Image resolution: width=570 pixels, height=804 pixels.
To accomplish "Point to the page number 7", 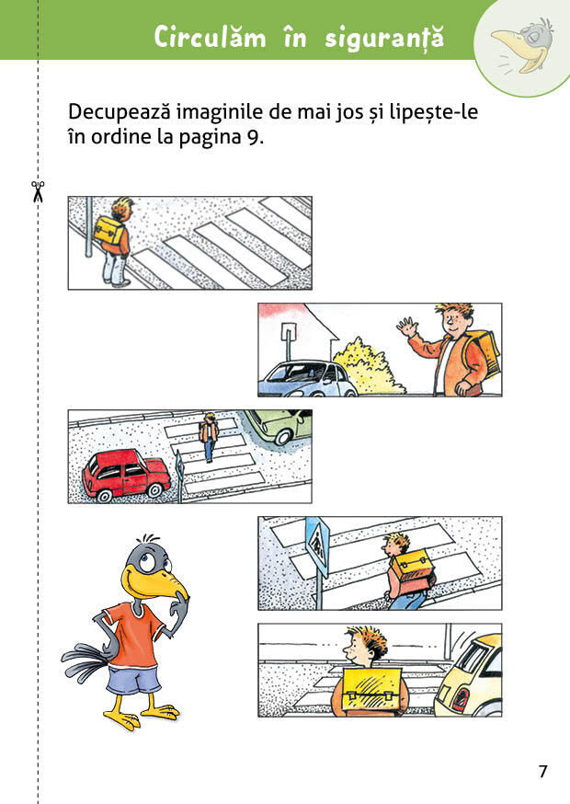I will coord(542,771).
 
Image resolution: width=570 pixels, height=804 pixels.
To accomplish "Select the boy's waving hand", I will coord(405,327).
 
